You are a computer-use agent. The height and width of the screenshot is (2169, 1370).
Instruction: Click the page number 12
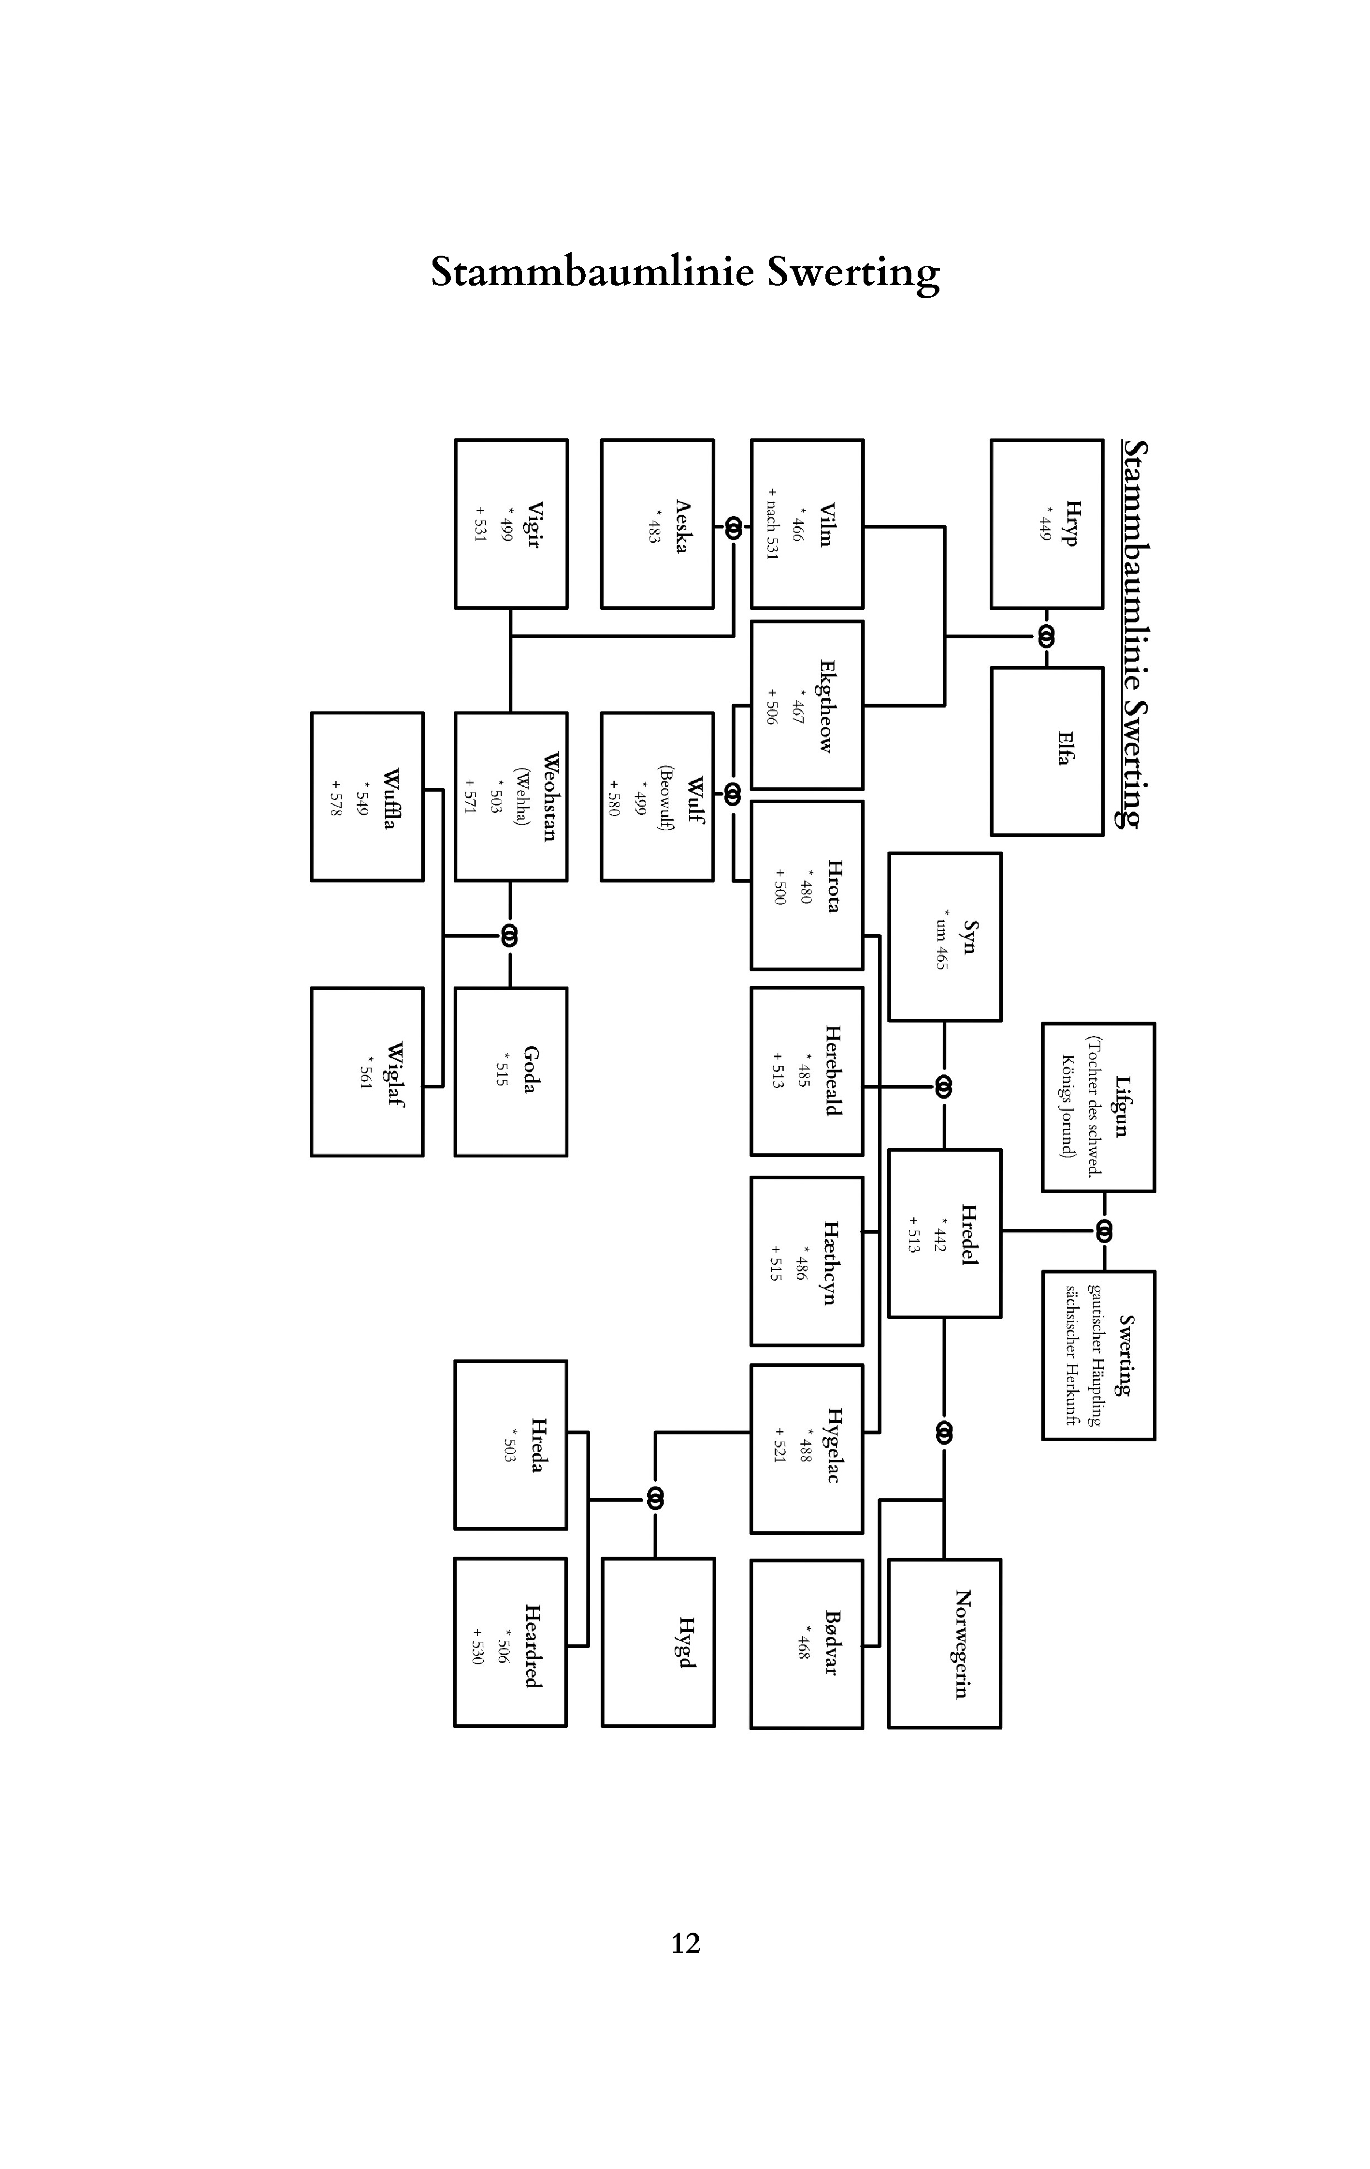[685, 1943]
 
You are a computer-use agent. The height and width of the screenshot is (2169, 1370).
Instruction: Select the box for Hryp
[1047, 524]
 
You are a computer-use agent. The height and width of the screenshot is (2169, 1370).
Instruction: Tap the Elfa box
[1047, 751]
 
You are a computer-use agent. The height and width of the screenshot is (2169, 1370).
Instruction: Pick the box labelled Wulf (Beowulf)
[657, 797]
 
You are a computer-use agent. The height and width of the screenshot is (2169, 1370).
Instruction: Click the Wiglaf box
[367, 1072]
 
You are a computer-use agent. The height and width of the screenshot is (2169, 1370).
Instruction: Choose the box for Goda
[511, 1072]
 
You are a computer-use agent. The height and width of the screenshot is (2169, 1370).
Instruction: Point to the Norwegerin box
[944, 1644]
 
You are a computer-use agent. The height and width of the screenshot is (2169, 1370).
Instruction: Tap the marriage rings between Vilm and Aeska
[733, 529]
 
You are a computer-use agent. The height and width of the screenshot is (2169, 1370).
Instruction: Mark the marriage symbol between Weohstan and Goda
[510, 936]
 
